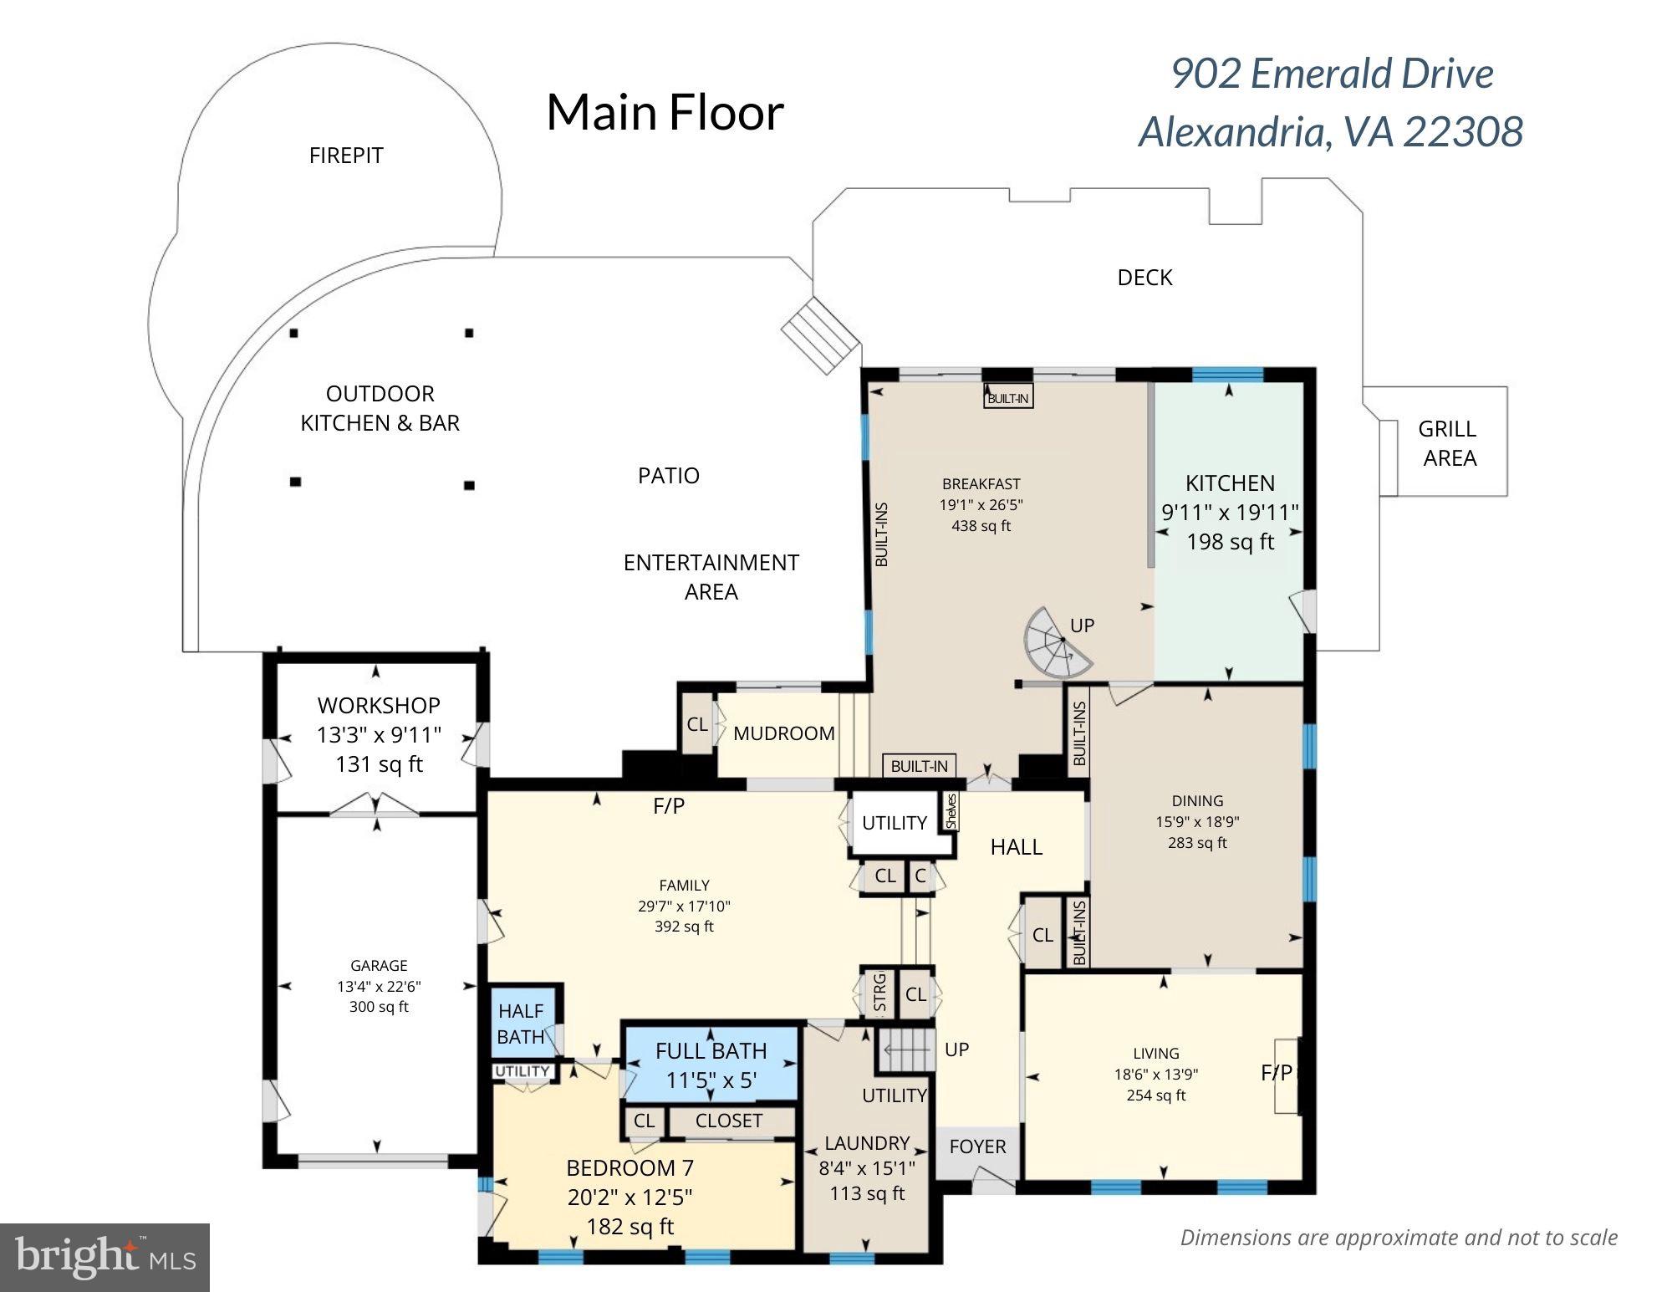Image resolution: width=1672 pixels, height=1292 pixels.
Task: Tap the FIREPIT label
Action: (x=346, y=156)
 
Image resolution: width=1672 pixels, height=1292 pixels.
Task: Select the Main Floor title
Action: (x=665, y=112)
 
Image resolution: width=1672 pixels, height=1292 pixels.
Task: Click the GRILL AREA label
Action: (x=1448, y=443)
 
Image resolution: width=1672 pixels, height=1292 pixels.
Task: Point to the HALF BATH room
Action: (x=521, y=1024)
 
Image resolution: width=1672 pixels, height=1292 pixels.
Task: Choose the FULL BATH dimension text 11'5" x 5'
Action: (x=711, y=1080)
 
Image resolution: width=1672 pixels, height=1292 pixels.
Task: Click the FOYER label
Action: (x=977, y=1146)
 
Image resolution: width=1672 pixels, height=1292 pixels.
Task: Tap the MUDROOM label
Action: (x=783, y=733)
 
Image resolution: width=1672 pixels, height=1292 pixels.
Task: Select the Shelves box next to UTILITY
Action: (x=951, y=811)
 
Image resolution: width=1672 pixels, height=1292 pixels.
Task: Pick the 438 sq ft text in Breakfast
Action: (x=981, y=526)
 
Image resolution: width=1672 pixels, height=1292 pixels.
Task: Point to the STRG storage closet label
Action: (x=879, y=993)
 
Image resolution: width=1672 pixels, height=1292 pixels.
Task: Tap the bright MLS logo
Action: (x=104, y=1257)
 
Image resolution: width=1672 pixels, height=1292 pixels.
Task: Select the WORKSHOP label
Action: (x=379, y=705)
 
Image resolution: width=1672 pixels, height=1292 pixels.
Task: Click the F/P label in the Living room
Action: (x=1276, y=1073)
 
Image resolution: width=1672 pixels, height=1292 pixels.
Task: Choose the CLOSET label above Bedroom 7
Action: (x=729, y=1121)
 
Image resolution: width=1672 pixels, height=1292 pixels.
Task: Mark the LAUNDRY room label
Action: (x=867, y=1143)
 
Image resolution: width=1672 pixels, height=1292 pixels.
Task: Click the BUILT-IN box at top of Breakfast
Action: (x=1008, y=398)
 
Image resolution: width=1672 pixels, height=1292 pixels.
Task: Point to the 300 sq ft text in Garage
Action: (x=379, y=1007)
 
